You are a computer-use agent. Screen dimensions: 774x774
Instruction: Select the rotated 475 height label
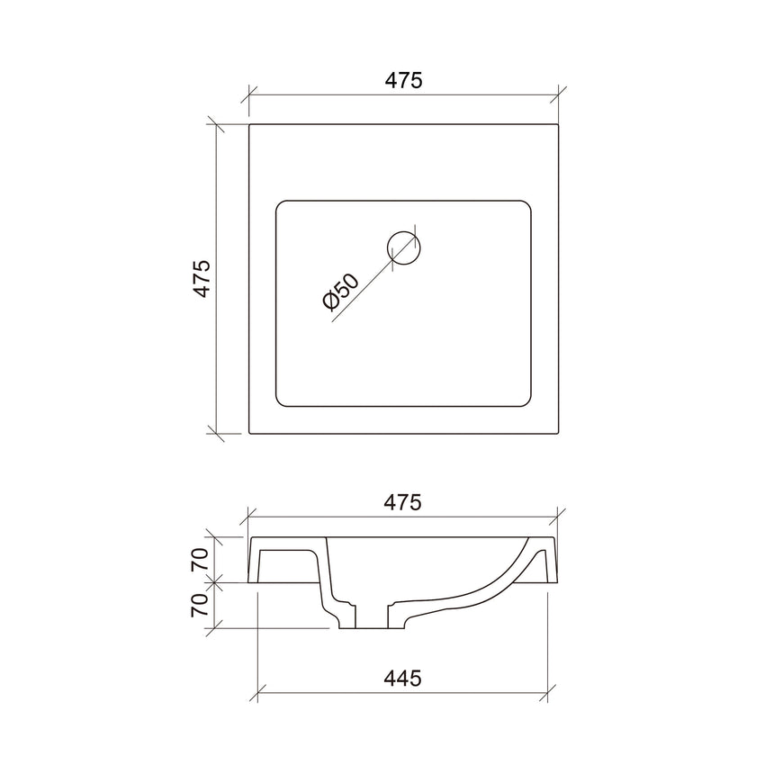(x=201, y=279)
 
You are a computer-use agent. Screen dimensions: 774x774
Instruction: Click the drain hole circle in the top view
(x=403, y=247)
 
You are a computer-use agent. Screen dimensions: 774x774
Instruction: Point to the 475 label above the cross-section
(x=404, y=503)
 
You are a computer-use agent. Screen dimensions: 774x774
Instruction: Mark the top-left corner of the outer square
(x=249, y=125)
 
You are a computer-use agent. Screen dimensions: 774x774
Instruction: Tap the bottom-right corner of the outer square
(x=559, y=434)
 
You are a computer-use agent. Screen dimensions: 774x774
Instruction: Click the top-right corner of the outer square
(x=559, y=125)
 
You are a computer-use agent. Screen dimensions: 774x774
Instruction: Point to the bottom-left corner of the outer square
(x=249, y=434)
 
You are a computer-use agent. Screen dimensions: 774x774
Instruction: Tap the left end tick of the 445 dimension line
(x=259, y=694)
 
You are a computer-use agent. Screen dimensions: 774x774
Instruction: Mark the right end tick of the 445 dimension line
(x=546, y=694)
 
